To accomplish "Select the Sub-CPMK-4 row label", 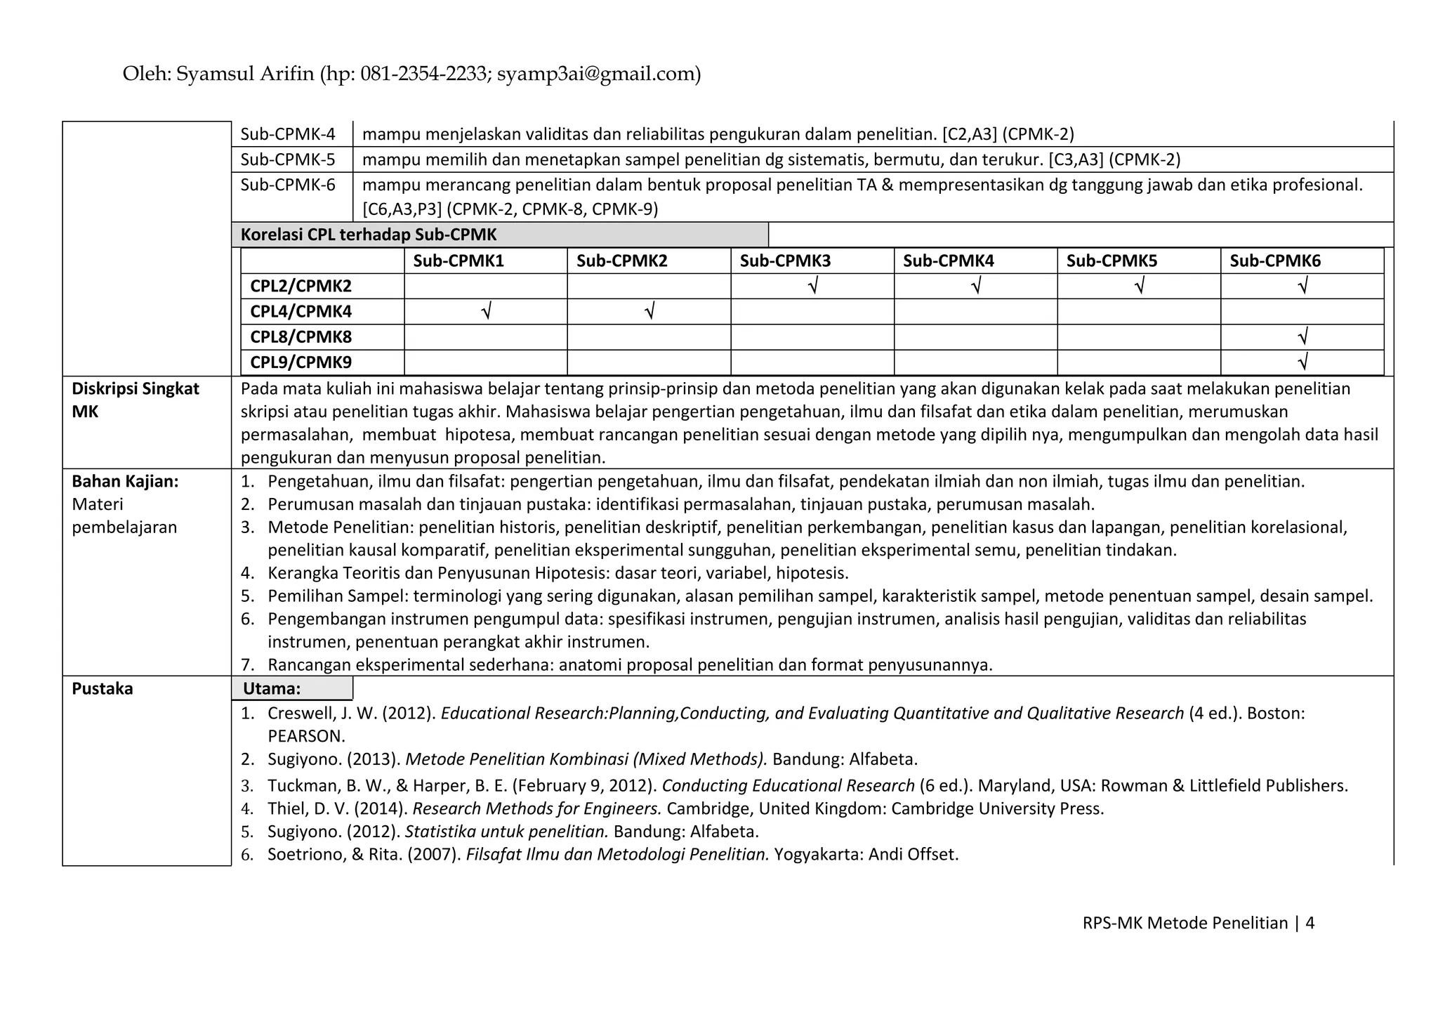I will (x=288, y=134).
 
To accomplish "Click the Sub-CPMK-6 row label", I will (x=288, y=185).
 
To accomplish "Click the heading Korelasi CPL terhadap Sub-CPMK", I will (x=369, y=235).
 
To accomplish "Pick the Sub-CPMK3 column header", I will (x=785, y=261).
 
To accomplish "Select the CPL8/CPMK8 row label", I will (x=301, y=337).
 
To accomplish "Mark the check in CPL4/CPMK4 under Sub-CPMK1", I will (x=485, y=311).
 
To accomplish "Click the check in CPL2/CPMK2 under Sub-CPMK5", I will (x=1139, y=286).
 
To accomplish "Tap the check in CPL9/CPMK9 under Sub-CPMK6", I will (x=1302, y=362).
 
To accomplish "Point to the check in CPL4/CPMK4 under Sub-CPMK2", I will (x=649, y=311).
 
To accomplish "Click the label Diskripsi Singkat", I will (x=136, y=389).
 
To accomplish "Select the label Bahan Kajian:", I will (x=125, y=482).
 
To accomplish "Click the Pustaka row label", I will (x=103, y=689).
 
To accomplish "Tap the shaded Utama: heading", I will (x=272, y=689).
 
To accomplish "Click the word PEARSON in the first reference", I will (x=306, y=737).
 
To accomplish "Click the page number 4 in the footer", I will (x=1310, y=923).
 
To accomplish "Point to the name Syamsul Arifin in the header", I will (x=245, y=74).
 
